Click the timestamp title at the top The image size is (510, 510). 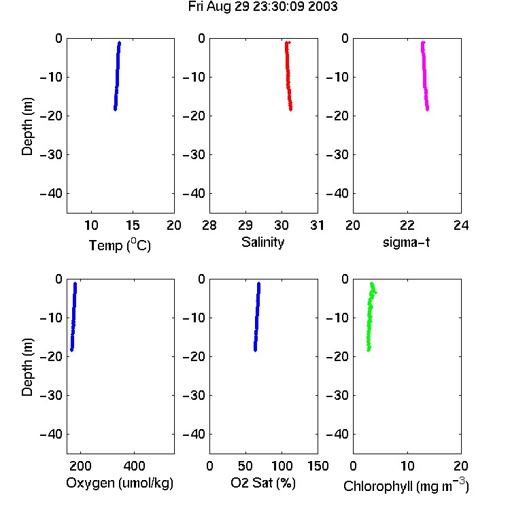[262, 7]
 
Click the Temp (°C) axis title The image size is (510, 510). [120, 245]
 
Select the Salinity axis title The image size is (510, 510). [262, 242]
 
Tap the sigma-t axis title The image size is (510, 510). [406, 242]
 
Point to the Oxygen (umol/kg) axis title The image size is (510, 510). [120, 483]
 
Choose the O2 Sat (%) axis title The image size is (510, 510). [263, 483]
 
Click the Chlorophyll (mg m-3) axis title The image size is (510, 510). [406, 486]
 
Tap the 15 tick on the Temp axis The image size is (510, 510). [133, 225]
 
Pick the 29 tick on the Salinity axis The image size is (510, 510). [245, 225]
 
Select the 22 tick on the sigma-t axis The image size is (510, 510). [407, 225]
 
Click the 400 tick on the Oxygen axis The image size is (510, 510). [135, 466]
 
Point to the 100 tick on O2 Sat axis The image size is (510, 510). [282, 466]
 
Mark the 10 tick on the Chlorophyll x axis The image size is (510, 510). [407, 466]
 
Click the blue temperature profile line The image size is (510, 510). [117, 76]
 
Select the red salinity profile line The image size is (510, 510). [288, 76]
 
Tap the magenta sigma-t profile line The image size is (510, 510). [424, 76]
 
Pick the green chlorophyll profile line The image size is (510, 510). [370, 317]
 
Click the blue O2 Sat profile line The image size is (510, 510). [257, 317]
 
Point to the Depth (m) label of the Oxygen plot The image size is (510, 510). [27, 367]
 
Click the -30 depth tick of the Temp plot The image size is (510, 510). [51, 154]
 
